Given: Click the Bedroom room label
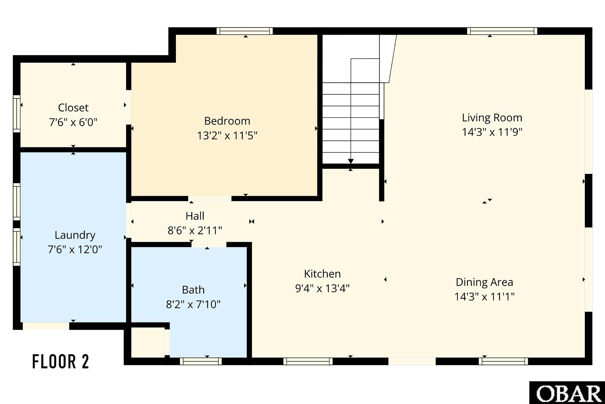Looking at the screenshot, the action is [227, 121].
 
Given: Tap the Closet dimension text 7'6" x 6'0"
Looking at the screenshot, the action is [73, 122].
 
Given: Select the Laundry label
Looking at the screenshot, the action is [75, 235].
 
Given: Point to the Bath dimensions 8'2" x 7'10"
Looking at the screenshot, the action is [193, 304].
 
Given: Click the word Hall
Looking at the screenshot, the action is [195, 216].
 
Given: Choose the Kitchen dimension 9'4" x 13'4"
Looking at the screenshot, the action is [322, 288].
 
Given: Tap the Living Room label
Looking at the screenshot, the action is [492, 118].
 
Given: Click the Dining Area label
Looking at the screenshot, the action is [484, 282].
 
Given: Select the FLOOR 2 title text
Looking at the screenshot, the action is [61, 362].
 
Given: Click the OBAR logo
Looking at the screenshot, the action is [567, 393].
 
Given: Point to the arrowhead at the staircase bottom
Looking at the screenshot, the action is [351, 161].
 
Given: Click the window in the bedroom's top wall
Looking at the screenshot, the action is [245, 31].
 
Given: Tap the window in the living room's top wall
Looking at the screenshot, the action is [502, 31].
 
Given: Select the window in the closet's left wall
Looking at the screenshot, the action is [16, 114].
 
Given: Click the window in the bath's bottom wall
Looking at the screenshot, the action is [201, 361].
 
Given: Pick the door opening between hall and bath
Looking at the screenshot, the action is [209, 245].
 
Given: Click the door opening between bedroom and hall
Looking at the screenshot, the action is [210, 199].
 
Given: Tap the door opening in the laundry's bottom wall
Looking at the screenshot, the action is [46, 326].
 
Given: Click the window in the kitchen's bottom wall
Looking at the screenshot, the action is [308, 361].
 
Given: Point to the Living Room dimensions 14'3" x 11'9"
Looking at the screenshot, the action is [492, 132].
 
